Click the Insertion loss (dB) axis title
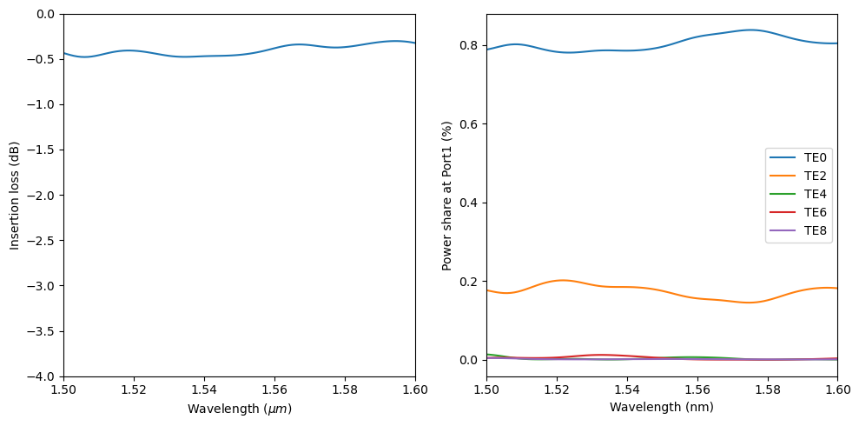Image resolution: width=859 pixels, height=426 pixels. (15, 195)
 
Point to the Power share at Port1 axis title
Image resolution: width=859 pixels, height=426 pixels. (447, 195)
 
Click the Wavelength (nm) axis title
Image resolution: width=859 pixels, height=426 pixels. (662, 407)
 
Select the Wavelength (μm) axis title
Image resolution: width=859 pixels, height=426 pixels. (239, 408)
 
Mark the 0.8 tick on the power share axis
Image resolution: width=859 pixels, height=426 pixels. (470, 45)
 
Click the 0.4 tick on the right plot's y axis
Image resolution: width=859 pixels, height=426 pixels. (470, 203)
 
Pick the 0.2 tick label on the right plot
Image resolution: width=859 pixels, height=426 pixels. (470, 282)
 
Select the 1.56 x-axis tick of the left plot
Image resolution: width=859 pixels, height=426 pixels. (274, 391)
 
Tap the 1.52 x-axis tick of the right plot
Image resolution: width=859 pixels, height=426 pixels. (557, 391)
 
